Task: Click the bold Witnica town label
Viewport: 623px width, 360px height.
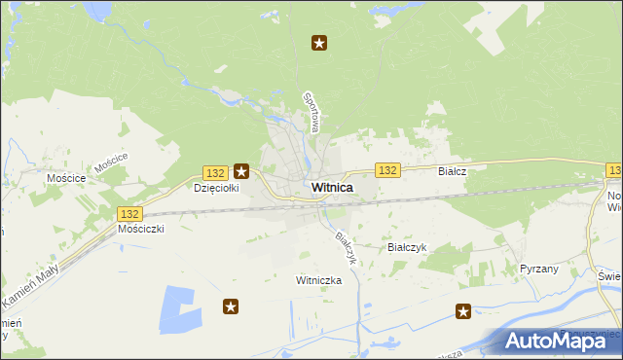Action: (x=332, y=187)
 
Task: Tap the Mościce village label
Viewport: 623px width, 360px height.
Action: (x=66, y=178)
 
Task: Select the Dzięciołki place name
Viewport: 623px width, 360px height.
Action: (x=216, y=188)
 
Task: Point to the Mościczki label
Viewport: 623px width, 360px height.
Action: (x=140, y=229)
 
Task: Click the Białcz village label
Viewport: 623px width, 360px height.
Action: (x=453, y=170)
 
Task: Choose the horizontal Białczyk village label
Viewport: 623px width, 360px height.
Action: (x=407, y=247)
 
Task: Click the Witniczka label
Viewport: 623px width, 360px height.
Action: (x=318, y=279)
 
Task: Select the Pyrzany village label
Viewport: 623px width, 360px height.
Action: (x=538, y=268)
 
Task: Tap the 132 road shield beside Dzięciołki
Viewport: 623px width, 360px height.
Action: (x=216, y=170)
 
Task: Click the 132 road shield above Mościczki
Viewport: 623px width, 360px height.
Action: (x=128, y=213)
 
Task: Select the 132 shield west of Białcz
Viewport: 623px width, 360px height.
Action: (x=387, y=170)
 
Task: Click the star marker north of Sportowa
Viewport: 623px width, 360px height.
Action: (x=318, y=42)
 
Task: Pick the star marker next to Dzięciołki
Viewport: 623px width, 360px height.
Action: (x=241, y=171)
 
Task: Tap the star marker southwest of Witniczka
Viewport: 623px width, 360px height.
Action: (x=231, y=306)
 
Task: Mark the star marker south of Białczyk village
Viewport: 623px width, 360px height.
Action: (x=463, y=311)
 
